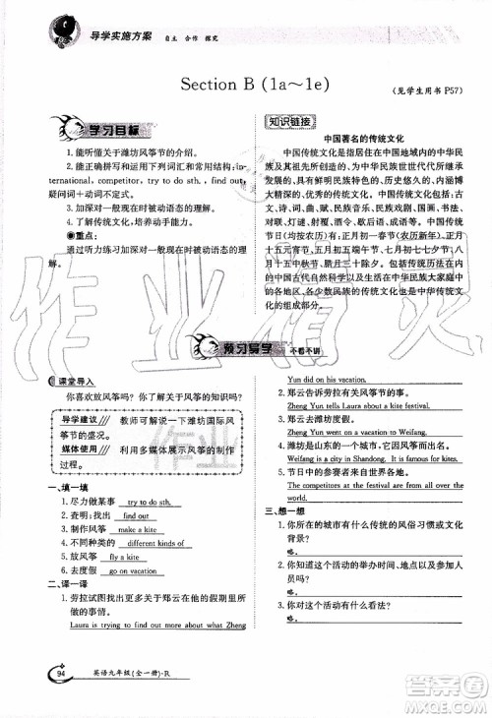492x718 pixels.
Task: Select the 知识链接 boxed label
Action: tap(290, 122)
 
